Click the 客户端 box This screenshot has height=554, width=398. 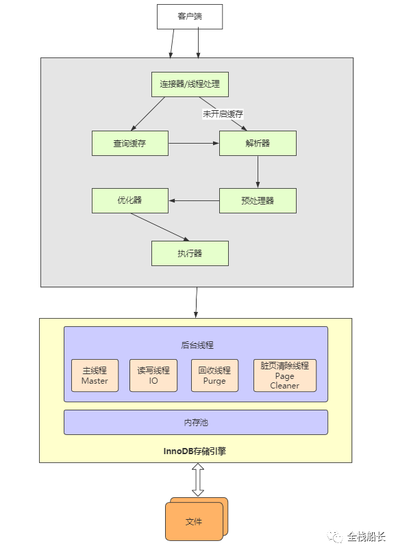pyautogui.click(x=190, y=16)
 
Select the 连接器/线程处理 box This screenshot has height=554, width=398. pyautogui.click(x=190, y=84)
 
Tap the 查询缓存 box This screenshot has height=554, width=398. pyautogui.click(x=130, y=143)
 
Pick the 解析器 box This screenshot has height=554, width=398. pyautogui.click(x=258, y=143)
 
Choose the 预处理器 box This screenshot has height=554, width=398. pyautogui.click(x=258, y=200)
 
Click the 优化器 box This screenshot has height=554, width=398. pyautogui.click(x=130, y=200)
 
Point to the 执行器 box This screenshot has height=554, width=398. pyautogui.click(x=190, y=253)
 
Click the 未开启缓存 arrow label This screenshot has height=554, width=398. pyautogui.click(x=223, y=114)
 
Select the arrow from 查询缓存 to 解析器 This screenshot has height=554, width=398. pyautogui.click(x=194, y=143)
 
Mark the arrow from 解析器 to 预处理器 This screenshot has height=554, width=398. pyautogui.click(x=258, y=172)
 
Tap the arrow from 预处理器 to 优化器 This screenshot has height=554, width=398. pyautogui.click(x=194, y=200)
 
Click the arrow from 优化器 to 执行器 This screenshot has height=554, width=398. pyautogui.click(x=160, y=227)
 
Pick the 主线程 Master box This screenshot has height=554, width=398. pyautogui.click(x=95, y=375)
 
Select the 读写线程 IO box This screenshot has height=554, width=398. pyautogui.click(x=153, y=375)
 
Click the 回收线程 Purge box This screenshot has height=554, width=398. pyautogui.click(x=214, y=375)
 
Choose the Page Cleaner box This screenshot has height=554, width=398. pyautogui.click(x=285, y=375)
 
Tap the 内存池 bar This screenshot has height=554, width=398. pyautogui.click(x=196, y=422)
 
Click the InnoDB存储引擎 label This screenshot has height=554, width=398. pyautogui.click(x=195, y=451)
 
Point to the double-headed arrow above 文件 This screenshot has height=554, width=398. pyautogui.click(x=198, y=480)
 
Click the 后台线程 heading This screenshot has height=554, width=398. pyautogui.click(x=197, y=345)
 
